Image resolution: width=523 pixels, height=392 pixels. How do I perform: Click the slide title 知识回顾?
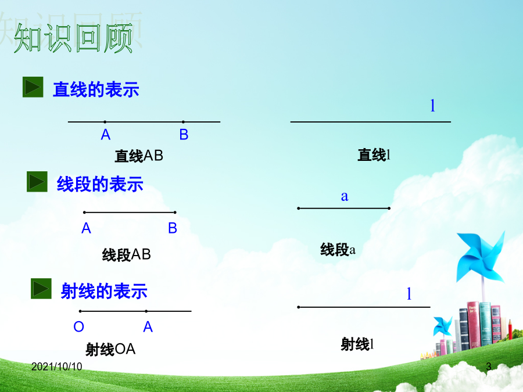73,38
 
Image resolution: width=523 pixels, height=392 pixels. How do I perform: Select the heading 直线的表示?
96,89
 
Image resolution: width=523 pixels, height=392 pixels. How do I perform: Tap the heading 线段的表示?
100,184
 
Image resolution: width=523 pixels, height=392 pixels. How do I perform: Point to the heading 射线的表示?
104,291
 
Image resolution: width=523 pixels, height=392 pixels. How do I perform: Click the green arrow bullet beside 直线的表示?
33,87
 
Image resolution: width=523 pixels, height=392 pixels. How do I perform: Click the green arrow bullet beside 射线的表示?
41,288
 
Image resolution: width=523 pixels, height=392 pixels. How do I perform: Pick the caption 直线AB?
139,156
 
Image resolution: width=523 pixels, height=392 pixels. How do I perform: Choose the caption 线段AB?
127,255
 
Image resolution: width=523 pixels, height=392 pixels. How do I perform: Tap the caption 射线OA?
110,350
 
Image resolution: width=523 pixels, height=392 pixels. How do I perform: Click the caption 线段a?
338,249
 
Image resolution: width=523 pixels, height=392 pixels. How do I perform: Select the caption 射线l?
357,344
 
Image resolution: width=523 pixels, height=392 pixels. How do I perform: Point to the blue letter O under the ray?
78,326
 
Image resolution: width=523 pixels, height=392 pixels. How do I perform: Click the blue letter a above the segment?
345,196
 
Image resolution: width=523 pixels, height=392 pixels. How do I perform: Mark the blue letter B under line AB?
184,135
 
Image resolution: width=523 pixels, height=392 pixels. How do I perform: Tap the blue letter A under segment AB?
87,228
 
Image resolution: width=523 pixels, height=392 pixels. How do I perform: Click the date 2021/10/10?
57,366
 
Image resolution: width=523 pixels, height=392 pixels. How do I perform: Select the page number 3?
489,366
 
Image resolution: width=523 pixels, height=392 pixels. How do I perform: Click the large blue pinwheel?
481,257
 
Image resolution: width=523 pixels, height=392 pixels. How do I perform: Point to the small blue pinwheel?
442,326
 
